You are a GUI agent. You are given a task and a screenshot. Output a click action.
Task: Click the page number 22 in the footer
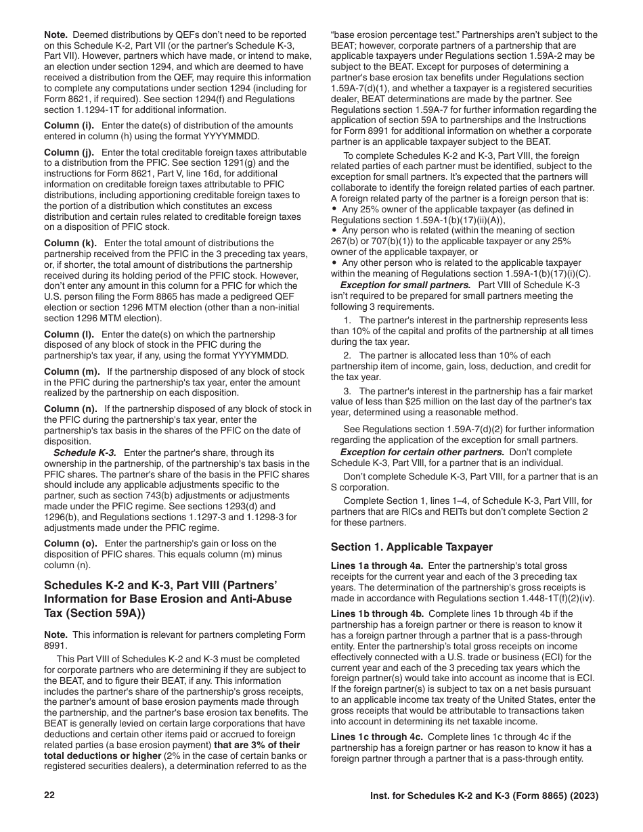49,796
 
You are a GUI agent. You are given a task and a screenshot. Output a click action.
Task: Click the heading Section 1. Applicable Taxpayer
412,547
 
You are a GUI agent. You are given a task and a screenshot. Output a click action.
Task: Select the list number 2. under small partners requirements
347,356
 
